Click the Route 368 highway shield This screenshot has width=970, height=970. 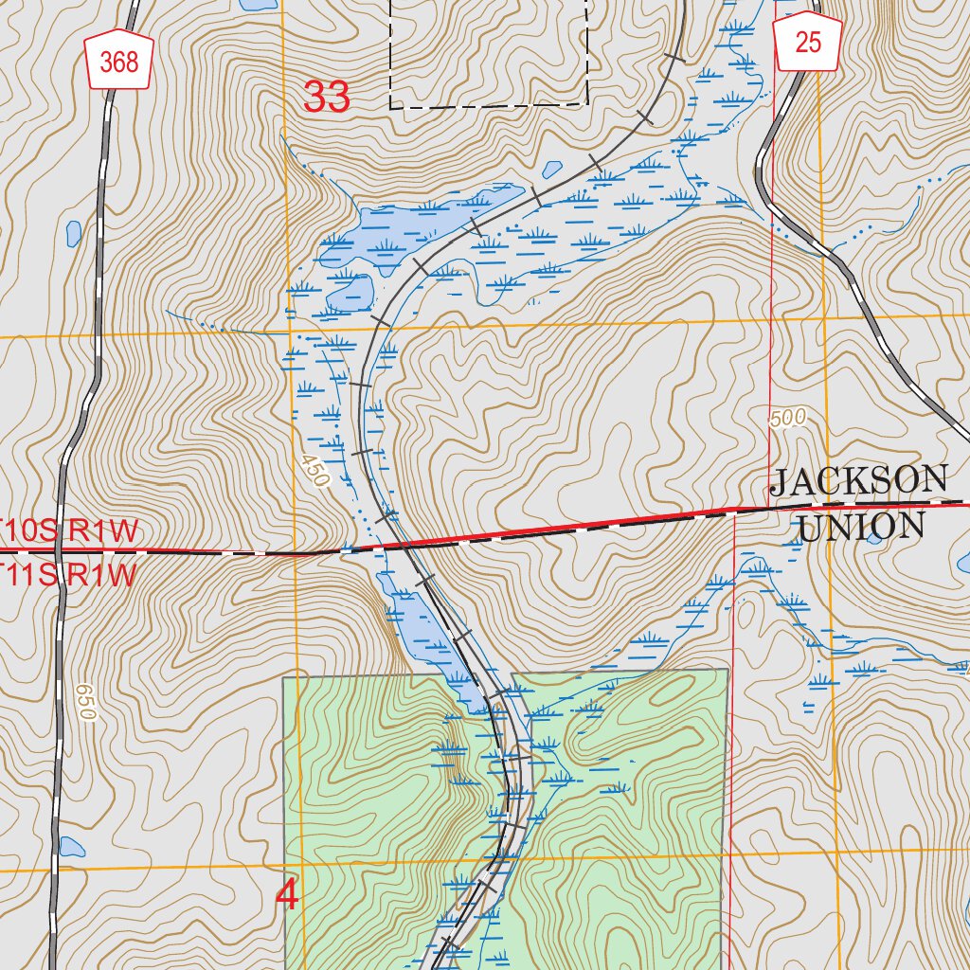tap(119, 63)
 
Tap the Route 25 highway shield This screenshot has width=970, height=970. tap(808, 44)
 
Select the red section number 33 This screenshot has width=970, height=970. tap(327, 97)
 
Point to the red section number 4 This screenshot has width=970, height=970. tap(286, 895)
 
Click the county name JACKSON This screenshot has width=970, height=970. tap(858, 481)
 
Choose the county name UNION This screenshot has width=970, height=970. tap(861, 527)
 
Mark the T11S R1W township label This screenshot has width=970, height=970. tap(68, 574)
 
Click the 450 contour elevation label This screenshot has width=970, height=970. tap(314, 471)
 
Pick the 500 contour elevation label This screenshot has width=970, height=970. tap(787, 418)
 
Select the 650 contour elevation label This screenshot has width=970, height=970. tap(85, 702)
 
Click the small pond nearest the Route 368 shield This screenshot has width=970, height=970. tap(74, 231)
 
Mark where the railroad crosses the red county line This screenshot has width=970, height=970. tap(402, 545)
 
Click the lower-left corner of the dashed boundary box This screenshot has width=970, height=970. tap(390, 106)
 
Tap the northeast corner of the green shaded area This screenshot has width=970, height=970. tap(727, 670)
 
